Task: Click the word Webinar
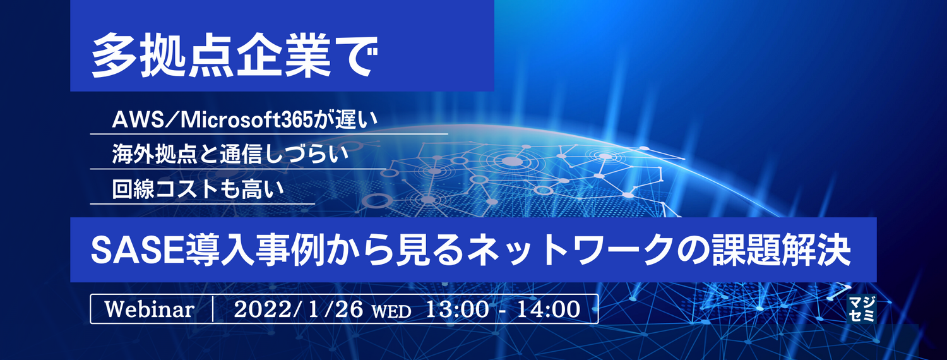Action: (x=148, y=309)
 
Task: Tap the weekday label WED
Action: (x=391, y=311)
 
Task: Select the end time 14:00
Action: (x=549, y=309)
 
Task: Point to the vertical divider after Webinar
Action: (x=215, y=309)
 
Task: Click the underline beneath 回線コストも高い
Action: (x=202, y=204)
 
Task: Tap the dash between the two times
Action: (x=503, y=309)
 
